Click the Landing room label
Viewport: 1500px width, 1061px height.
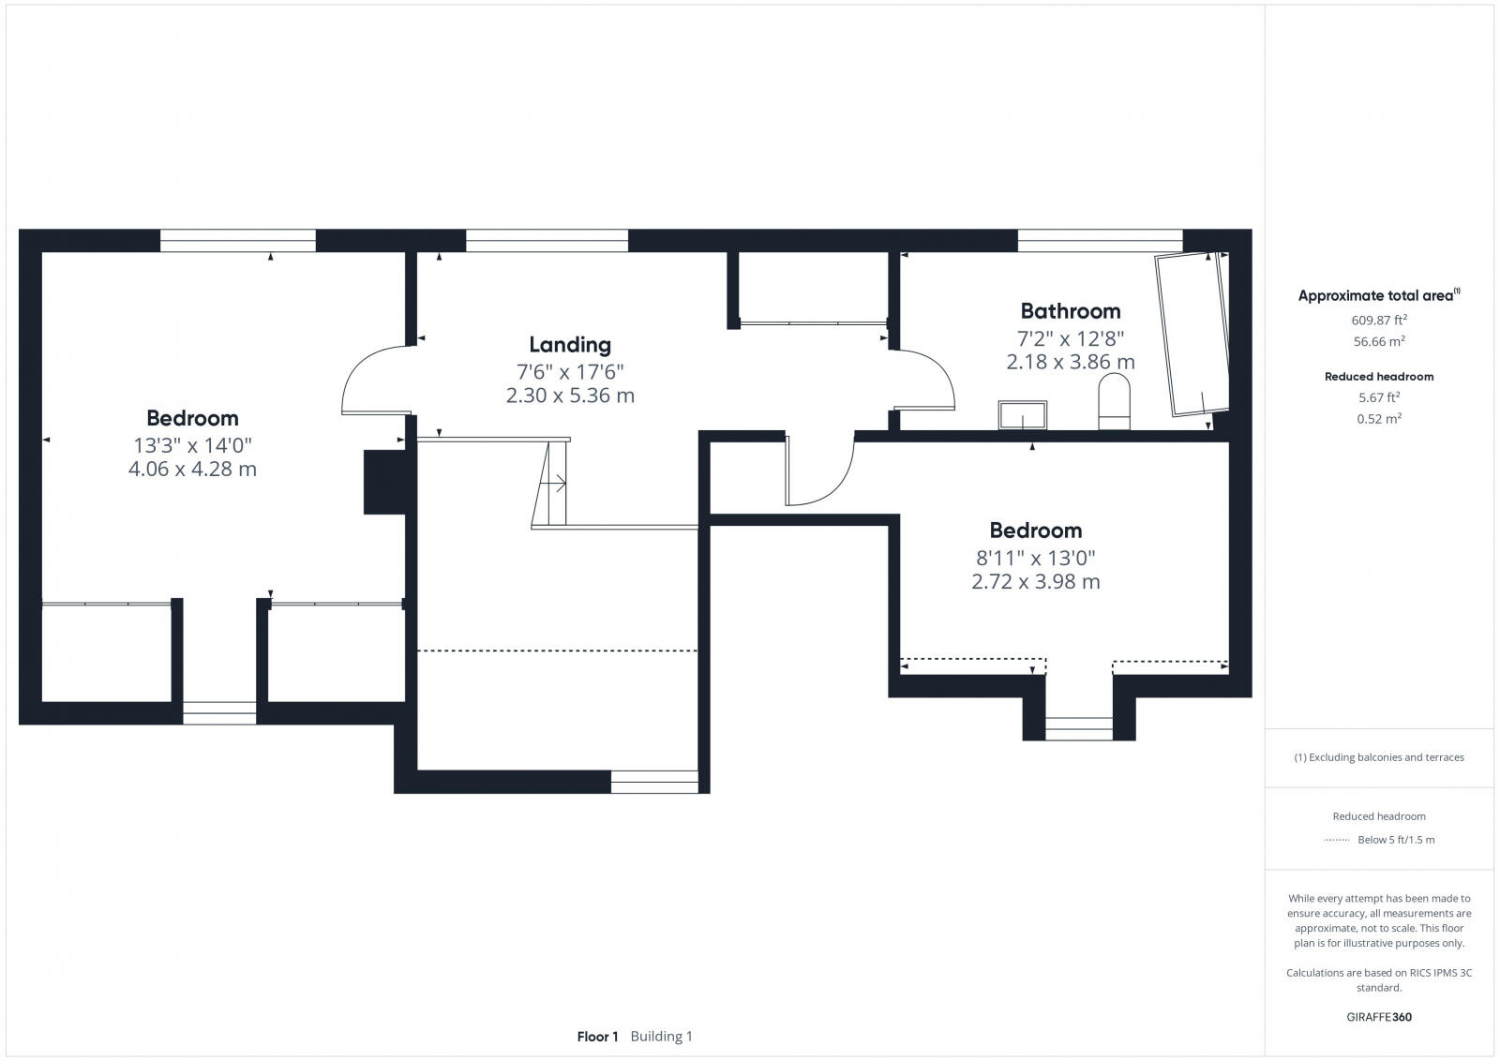point(570,345)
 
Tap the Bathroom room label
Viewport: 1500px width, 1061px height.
point(1070,310)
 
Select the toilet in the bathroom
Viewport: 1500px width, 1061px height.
point(1115,401)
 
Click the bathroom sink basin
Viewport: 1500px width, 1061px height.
point(1022,413)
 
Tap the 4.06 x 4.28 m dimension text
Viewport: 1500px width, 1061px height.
point(192,469)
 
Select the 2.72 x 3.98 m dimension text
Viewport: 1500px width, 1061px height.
point(1035,581)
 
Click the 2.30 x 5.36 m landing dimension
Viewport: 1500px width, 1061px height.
point(570,396)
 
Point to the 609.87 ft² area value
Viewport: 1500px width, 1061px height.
point(1378,320)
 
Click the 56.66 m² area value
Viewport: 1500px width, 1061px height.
point(1378,341)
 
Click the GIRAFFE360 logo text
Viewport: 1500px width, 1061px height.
point(1378,1017)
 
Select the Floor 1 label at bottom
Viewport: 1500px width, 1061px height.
point(597,1037)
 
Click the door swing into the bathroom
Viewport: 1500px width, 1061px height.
point(926,380)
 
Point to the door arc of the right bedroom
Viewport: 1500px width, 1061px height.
point(819,473)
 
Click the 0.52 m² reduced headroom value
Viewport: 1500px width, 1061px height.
point(1378,419)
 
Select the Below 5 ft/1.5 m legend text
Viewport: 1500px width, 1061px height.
point(1395,840)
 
